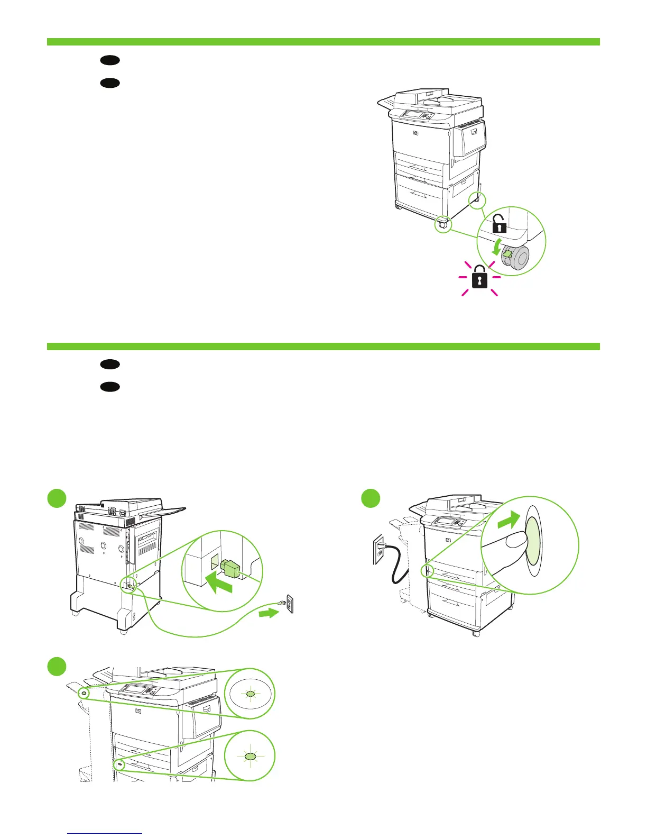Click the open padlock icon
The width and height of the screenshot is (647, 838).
[x=499, y=224]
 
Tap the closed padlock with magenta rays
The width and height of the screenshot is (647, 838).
[x=479, y=277]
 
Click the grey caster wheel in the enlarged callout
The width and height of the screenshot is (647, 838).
[x=516, y=259]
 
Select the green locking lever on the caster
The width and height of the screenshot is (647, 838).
[x=507, y=256]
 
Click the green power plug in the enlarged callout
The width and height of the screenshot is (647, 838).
[x=231, y=569]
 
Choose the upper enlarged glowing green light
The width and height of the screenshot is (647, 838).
[x=251, y=694]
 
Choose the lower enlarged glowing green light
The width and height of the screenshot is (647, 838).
[x=251, y=757]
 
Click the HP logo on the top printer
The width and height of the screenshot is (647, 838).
[x=415, y=133]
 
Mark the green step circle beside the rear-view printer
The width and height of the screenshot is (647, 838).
[x=57, y=498]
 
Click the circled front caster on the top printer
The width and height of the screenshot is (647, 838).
[x=443, y=224]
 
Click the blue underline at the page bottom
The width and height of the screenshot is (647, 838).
[x=105, y=833]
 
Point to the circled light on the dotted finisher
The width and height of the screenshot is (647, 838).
[x=84, y=693]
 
